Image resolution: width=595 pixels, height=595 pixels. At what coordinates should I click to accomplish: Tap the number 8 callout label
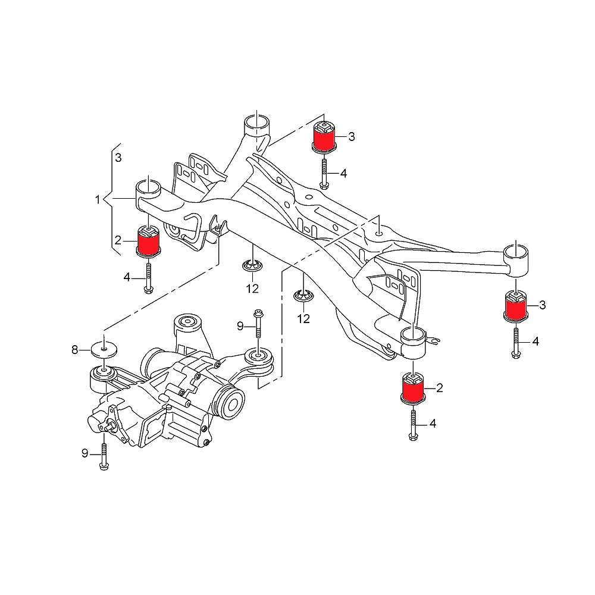click(75, 350)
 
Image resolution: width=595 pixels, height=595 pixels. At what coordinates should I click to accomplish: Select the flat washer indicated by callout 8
click(103, 349)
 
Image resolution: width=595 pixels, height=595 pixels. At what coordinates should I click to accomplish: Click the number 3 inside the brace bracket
click(118, 158)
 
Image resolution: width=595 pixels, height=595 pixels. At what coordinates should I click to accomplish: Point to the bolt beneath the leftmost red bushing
click(147, 276)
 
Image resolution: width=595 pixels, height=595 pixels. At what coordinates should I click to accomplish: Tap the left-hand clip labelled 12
click(252, 266)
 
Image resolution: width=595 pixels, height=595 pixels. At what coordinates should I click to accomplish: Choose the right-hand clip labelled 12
click(303, 296)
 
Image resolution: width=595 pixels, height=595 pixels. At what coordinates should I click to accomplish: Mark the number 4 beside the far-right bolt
click(535, 342)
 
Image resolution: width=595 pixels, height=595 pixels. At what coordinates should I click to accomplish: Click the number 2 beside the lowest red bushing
click(440, 389)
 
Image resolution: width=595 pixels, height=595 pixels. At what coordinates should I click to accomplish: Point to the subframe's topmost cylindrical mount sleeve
click(256, 127)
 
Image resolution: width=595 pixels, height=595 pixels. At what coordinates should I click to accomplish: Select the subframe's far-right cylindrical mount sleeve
click(516, 259)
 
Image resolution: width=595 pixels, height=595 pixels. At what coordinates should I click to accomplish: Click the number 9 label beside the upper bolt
click(240, 325)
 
